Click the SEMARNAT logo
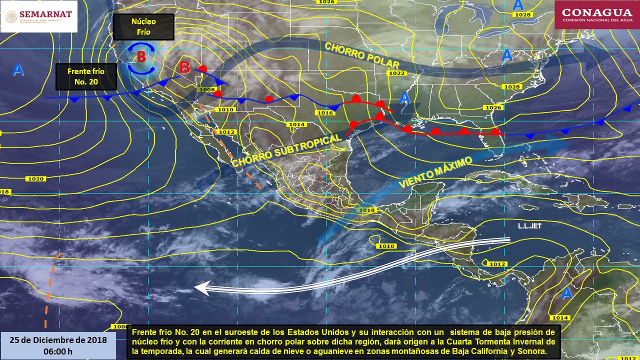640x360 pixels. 39,16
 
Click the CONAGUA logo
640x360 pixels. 596,15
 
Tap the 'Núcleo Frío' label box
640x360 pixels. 143,27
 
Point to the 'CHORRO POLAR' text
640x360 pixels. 361,55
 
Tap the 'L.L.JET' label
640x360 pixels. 530,226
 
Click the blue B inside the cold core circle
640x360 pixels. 141,57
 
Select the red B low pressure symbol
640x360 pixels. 184,67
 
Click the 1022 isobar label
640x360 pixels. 397,73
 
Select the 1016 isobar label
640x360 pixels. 325,113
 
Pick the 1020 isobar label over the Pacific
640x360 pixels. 36,178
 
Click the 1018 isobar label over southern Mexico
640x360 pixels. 366,210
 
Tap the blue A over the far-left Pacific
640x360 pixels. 18,70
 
